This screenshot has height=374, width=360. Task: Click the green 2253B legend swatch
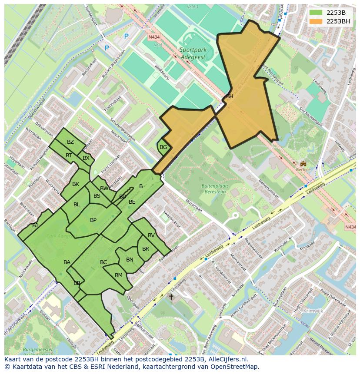click(x=316, y=13)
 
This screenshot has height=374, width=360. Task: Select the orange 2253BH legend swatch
click(x=316, y=21)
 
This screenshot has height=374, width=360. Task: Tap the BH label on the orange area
click(x=230, y=96)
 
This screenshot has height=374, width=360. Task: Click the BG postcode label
click(x=163, y=147)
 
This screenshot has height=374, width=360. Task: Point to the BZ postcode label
click(x=70, y=142)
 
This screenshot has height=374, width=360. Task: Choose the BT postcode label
click(x=69, y=156)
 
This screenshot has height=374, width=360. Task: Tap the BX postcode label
click(x=86, y=158)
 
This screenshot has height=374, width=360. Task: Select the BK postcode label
click(x=76, y=184)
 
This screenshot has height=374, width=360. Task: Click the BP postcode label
click(x=93, y=220)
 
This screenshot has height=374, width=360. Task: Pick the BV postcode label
click(x=151, y=235)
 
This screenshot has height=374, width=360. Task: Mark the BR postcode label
click(x=146, y=249)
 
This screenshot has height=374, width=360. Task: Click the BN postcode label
click(x=130, y=260)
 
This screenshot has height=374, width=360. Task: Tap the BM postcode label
click(x=119, y=275)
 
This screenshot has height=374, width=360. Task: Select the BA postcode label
click(x=67, y=262)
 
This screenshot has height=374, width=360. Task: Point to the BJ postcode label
click(x=35, y=225)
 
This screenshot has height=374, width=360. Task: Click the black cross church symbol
click(x=171, y=297)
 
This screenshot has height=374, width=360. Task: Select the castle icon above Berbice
click(x=303, y=163)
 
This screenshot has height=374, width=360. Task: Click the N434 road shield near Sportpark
click(x=153, y=37)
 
